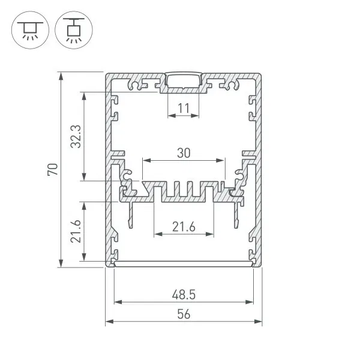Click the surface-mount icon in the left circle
tap(30, 30)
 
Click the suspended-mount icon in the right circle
tap(74, 30)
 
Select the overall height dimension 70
tap(53, 170)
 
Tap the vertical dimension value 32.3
tap(76, 136)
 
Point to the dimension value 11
tap(184, 108)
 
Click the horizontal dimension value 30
tap(184, 153)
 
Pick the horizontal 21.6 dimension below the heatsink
tap(184, 227)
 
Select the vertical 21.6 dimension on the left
tap(76, 232)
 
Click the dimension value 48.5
tap(184, 295)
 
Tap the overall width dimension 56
tap(184, 314)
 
